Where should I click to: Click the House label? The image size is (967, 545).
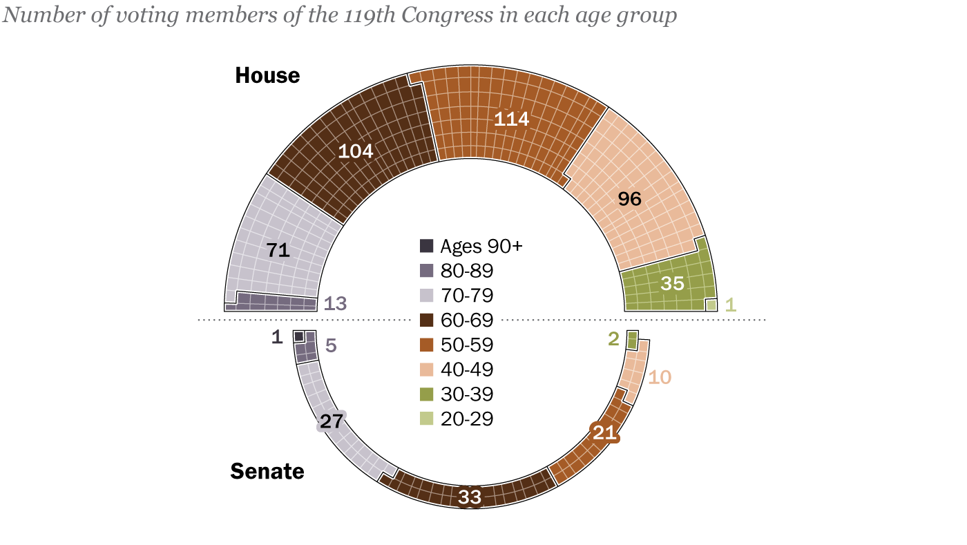pos(267,75)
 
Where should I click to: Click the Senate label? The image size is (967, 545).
pos(267,472)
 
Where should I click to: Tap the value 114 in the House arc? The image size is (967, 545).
pos(511,119)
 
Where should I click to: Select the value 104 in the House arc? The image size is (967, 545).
pos(355,151)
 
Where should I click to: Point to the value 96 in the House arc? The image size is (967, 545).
pos(629,199)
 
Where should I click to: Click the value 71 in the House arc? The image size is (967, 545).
pos(277,251)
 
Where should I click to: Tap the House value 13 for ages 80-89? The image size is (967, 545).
pos(335,303)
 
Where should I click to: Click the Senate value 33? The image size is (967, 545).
pos(470,496)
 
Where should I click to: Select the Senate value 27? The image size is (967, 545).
pos(331,421)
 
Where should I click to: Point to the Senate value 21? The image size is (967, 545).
pos(604,432)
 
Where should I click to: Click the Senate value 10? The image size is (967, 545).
pos(660,377)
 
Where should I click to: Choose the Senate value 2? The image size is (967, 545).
pos(613,338)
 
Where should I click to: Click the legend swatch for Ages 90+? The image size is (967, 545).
pos(427,246)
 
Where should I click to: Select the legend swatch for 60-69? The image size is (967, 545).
pos(427,321)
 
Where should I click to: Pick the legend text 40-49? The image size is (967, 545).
pos(467,370)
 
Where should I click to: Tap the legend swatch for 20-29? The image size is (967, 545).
pos(427,419)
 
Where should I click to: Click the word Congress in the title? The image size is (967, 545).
pos(437,16)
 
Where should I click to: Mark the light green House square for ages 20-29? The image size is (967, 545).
pos(711,305)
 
